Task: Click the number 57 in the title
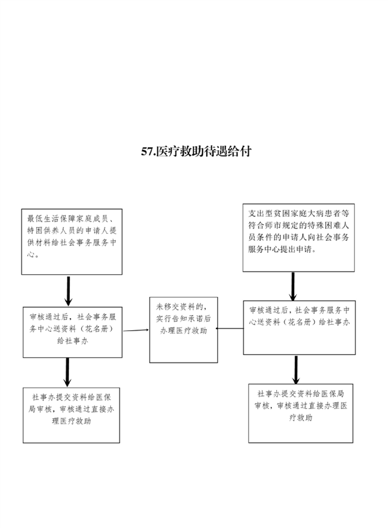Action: [x=147, y=152]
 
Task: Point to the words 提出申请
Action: [x=297, y=249]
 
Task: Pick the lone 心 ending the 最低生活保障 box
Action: [x=31, y=254]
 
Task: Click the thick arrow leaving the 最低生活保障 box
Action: [x=68, y=291]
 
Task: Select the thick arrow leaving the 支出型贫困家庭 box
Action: [x=293, y=286]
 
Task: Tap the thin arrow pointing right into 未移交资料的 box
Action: [x=136, y=330]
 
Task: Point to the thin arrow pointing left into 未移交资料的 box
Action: [x=229, y=329]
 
